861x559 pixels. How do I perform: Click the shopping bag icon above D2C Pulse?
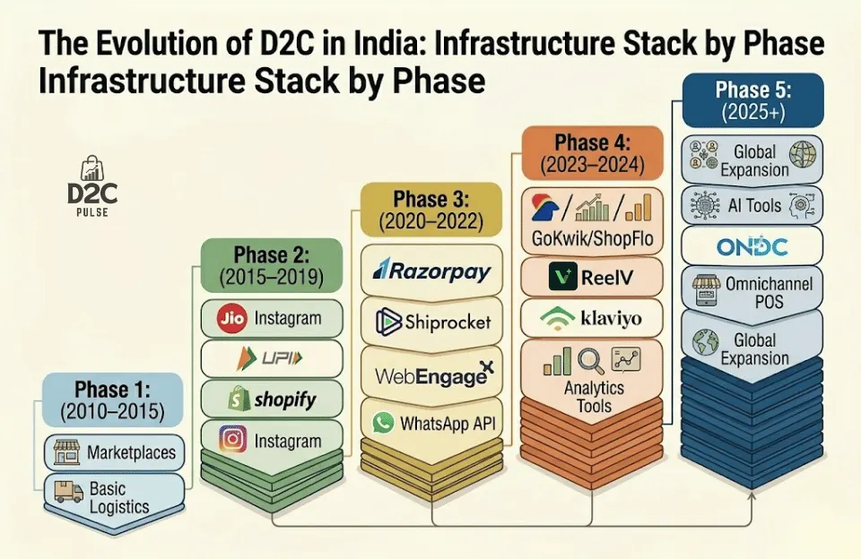click(x=92, y=168)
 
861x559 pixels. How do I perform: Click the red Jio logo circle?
click(x=231, y=318)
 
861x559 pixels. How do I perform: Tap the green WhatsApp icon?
click(x=384, y=422)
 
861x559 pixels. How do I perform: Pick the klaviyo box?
click(x=593, y=316)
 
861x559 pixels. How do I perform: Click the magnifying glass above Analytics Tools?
click(x=590, y=361)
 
